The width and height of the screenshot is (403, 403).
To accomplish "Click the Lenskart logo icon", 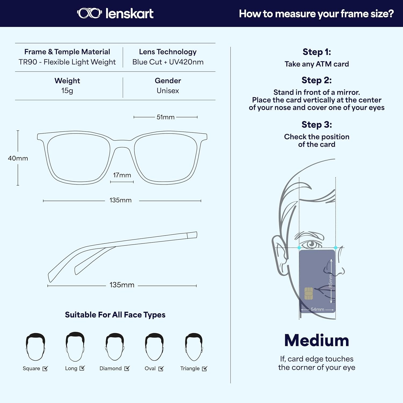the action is coord(89,13).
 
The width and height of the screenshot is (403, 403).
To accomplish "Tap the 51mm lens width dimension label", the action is coord(165,117).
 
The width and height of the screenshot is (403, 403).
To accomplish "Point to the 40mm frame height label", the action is coord(18,158).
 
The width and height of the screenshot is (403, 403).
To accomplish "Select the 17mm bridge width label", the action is coord(122,175).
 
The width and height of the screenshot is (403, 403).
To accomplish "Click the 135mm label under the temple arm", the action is coord(122,285).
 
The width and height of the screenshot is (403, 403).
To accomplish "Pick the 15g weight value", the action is coord(67,91).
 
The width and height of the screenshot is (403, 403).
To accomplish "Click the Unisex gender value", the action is coord(168,91).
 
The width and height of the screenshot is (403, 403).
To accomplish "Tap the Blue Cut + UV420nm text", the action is coord(168,62).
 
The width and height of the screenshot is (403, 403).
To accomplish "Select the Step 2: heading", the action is coord(316,80).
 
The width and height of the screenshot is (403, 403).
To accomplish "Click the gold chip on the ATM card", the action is coord(308,293).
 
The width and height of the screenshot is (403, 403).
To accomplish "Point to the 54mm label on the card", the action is coord(317,310).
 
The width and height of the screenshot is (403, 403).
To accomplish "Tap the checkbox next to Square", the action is coord(45,369).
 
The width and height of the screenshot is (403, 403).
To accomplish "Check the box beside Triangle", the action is coord(204,369).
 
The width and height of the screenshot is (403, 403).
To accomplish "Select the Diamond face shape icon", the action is coord(115,347).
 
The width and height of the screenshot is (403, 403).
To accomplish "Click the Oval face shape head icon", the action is coord(154,347).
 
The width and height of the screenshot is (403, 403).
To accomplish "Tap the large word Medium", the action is coord(317,340).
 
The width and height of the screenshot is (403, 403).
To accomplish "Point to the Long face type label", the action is coord(71,368).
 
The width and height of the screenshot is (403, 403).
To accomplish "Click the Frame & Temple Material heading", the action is coord(67,52).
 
